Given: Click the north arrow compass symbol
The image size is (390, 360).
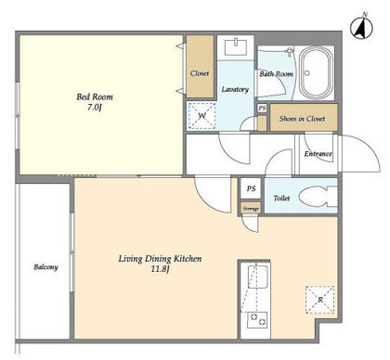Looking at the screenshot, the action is click(361, 27).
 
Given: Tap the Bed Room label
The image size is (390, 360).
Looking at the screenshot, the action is click(95, 96).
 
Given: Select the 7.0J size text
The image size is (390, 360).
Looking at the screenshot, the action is click(95, 108).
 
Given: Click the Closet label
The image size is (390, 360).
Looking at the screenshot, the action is click(200, 73).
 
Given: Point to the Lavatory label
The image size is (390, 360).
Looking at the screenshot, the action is click(235, 89).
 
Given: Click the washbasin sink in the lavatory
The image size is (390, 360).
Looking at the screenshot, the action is click(236, 47).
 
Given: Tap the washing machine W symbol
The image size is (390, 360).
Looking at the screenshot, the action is click(201, 116).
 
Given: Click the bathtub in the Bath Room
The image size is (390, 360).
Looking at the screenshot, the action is click(316, 73).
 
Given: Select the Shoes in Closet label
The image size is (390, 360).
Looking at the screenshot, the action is click(302, 119).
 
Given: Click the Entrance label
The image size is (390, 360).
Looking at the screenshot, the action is click(318, 154).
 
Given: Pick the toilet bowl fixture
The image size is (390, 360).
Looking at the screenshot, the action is click(318, 197).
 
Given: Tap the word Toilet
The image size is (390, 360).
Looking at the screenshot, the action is click(281, 198).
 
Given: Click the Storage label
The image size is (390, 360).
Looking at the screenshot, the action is click(251, 209).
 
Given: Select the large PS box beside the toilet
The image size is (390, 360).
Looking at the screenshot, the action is click(251, 188).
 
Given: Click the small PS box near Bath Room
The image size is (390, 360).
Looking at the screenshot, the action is click(262, 109).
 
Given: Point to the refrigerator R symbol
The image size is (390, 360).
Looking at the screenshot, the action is click(320, 300).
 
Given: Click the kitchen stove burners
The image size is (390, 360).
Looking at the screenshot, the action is click(258, 320).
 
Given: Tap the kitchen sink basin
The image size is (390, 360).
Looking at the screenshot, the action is click(257, 276).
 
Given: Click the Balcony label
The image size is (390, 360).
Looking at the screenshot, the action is click(45, 267).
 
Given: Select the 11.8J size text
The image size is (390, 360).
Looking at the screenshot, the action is click(160, 269).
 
